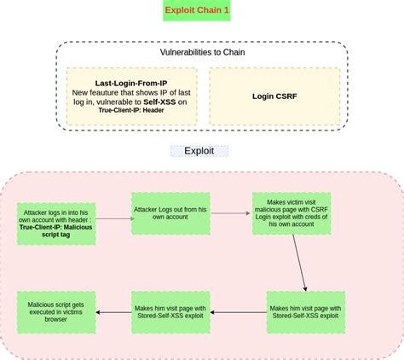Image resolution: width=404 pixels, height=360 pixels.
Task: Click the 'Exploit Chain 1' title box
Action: coord(201,11)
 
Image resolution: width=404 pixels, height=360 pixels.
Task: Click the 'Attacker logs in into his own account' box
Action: coord(56,224)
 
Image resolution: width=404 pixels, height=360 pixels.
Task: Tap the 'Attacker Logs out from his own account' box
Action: coord(170,212)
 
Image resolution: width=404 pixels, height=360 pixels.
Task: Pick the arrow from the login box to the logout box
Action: coord(113,218)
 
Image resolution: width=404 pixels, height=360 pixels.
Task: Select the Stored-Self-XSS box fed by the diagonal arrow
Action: coord(304,311)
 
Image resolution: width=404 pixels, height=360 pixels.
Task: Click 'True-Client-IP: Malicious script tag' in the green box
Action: coord(56,233)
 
